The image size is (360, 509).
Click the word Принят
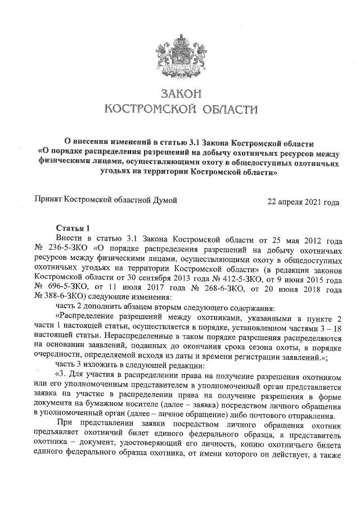coord(48,200)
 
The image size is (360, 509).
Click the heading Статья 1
coord(73,228)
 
